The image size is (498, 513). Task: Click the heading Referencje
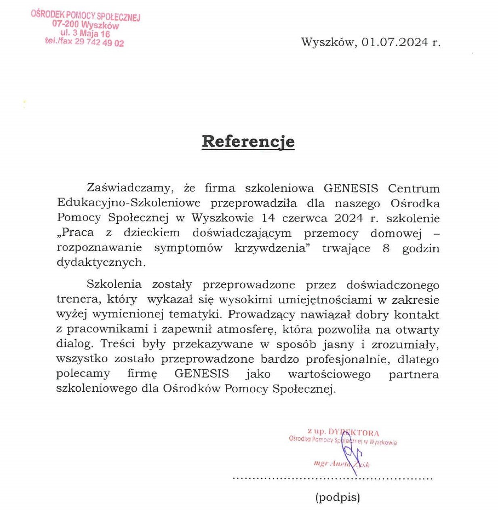tap(248, 141)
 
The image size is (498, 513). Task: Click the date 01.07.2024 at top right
tap(395, 42)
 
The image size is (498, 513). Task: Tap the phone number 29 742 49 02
tap(99, 42)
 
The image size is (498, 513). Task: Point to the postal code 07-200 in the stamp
tap(65, 24)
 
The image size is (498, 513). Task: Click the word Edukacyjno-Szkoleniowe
tap(129, 203)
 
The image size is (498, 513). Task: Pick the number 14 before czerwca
tap(268, 218)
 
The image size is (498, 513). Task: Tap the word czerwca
tap(305, 218)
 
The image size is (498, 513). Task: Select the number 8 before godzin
tap(386, 248)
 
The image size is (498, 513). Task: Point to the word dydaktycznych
tap(101, 263)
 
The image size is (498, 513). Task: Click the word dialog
tap(74, 344)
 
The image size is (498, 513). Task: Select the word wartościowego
tap(329, 374)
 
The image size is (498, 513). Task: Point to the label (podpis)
tap(338, 497)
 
